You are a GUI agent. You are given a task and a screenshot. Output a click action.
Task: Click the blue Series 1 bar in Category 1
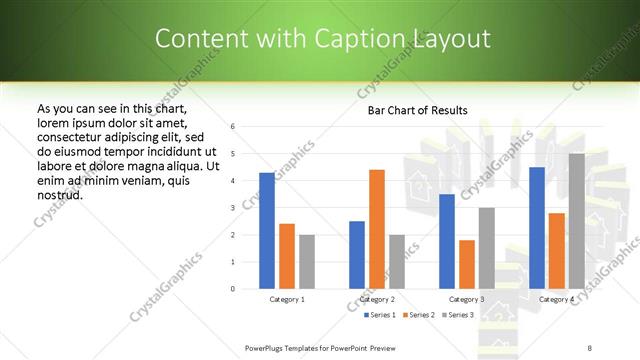[x=266, y=231]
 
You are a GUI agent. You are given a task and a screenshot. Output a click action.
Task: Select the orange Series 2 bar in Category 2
[x=376, y=229]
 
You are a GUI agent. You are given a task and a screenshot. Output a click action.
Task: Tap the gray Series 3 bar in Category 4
[x=576, y=221]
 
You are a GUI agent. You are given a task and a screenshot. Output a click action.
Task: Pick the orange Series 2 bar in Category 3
[x=466, y=264]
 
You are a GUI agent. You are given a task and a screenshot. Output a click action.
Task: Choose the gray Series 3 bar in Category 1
[x=306, y=262]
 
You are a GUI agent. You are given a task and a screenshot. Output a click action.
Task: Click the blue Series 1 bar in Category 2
[x=357, y=255]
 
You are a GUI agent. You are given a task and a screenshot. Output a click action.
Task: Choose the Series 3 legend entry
[x=456, y=315]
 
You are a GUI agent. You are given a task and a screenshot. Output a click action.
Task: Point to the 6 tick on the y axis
[x=232, y=127]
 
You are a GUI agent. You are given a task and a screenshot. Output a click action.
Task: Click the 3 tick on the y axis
[x=232, y=208]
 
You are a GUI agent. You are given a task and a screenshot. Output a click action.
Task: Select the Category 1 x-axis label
[x=287, y=299]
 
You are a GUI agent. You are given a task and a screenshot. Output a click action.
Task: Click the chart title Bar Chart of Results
[x=411, y=110]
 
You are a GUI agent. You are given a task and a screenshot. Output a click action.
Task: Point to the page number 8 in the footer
[x=589, y=347]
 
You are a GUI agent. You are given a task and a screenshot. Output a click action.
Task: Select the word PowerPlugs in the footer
[x=265, y=347]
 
